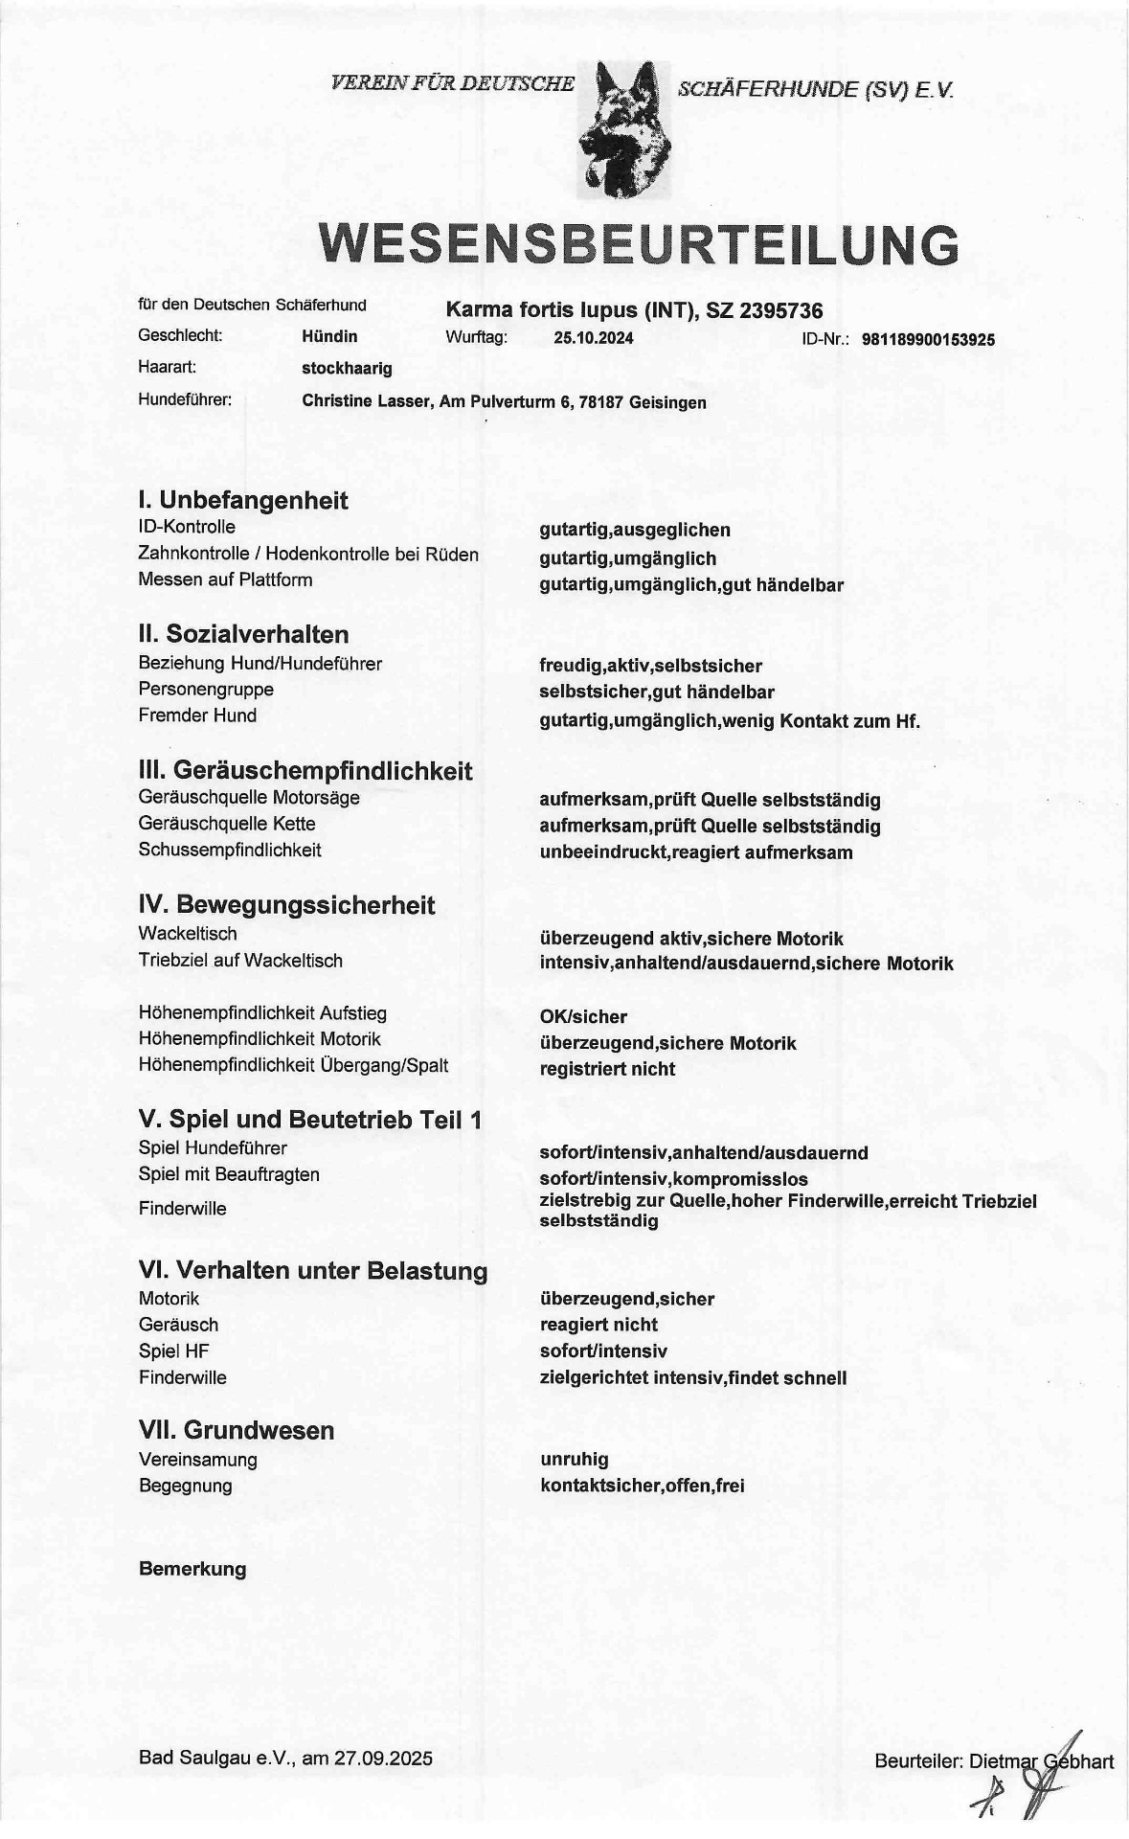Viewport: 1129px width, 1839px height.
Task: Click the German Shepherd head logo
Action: coord(626,129)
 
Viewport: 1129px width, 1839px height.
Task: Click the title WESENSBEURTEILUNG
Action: coord(639,244)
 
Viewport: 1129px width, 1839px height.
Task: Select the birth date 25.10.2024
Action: coord(593,338)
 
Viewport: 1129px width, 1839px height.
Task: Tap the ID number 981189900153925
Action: coord(928,339)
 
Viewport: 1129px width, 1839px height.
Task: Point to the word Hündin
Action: coord(329,336)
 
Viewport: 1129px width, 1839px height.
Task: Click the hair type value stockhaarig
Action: coord(347,368)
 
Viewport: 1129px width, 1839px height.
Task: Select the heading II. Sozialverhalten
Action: coord(243,634)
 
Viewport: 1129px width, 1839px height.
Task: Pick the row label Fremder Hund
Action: coord(197,715)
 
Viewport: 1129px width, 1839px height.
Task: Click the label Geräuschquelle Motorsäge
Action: coord(249,797)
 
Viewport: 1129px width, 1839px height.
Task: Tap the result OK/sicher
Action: coord(583,1016)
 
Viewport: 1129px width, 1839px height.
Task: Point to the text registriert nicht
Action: coord(607,1069)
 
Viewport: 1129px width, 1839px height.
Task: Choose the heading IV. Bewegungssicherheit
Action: coord(286,905)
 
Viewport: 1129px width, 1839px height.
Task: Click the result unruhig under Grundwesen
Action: coord(574,1460)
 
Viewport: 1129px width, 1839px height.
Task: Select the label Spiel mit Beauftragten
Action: coord(229,1174)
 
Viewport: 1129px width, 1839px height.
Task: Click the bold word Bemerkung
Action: coord(192,1570)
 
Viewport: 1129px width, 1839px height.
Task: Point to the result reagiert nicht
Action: coord(598,1325)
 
